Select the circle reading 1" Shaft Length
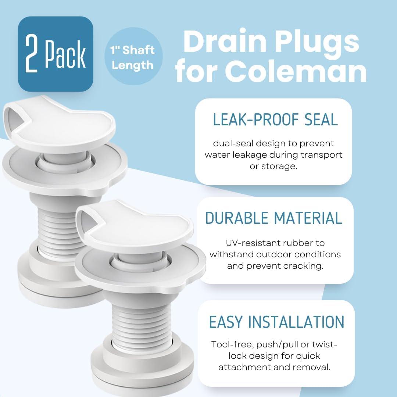tap(133, 58)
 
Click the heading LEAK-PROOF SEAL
tap(275, 120)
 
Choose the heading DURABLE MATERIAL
tap(274, 218)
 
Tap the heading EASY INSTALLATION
tap(276, 322)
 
